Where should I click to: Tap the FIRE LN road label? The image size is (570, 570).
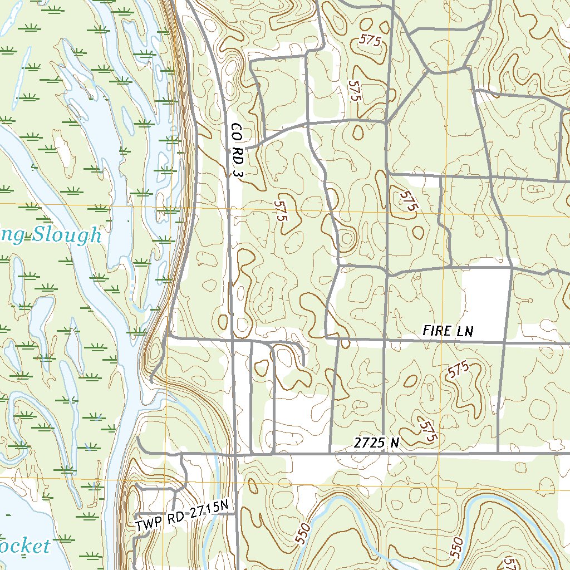[x=448, y=331]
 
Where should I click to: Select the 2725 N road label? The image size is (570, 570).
[x=377, y=443]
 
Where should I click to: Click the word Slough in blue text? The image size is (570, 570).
[x=66, y=236]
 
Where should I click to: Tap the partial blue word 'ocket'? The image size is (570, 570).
[x=25, y=546]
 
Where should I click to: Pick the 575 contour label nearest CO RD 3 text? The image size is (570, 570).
[x=282, y=211]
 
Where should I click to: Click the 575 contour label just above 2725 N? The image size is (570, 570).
[x=427, y=431]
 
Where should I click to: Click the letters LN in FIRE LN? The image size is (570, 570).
[x=465, y=331]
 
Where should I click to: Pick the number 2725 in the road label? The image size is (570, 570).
[x=370, y=443]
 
